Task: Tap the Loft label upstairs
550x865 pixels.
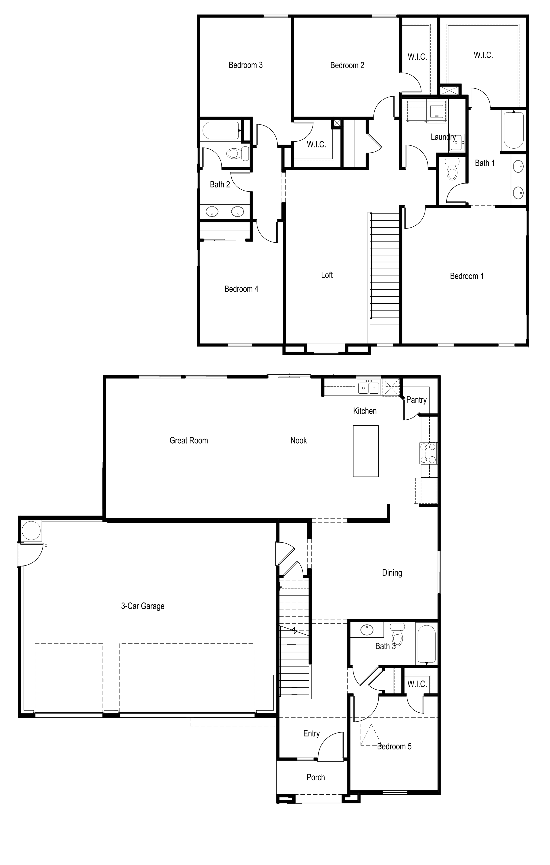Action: click(327, 275)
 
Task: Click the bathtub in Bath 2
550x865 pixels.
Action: click(221, 130)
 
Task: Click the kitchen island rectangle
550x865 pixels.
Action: click(366, 451)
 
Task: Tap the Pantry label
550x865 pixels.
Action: click(416, 400)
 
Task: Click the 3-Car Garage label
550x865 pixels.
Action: click(143, 606)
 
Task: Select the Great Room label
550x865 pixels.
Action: click(189, 440)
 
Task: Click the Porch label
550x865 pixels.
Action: click(316, 777)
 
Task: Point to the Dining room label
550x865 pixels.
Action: click(392, 573)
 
